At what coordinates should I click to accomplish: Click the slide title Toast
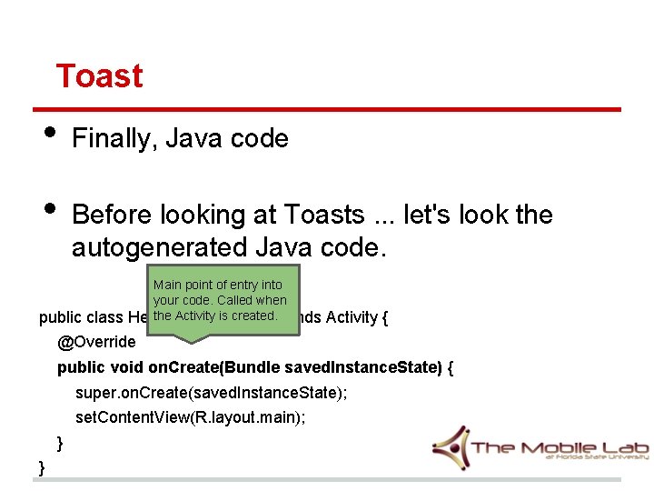tap(99, 75)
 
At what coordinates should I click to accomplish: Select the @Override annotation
tap(96, 343)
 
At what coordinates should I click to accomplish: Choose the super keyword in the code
tap(94, 394)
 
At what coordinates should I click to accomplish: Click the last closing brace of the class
tap(42, 467)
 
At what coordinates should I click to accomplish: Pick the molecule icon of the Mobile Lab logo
tap(451, 448)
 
